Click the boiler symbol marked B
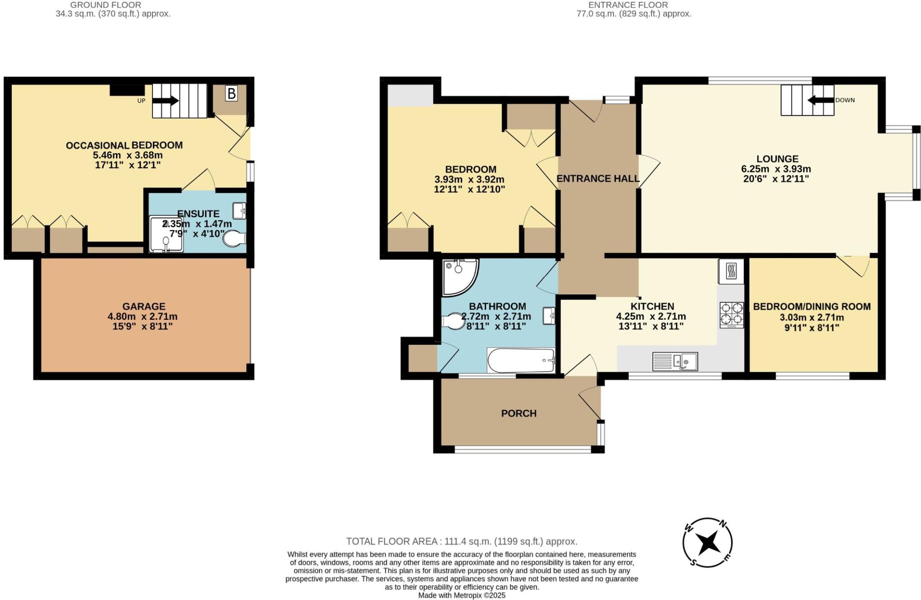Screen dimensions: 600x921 (x=231, y=94)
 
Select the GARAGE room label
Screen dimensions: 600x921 (x=144, y=306)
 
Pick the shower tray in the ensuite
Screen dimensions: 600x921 (x=166, y=234)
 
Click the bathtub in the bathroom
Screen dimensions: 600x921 (x=521, y=360)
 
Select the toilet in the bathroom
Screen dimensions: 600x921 (x=453, y=321)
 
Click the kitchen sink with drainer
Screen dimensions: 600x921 (x=675, y=361)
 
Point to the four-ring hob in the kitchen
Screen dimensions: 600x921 (x=732, y=314)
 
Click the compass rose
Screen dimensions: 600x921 (x=708, y=542)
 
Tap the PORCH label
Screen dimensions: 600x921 (x=519, y=413)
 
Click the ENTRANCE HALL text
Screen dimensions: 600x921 (x=598, y=179)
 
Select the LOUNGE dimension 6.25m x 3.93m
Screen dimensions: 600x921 (x=776, y=169)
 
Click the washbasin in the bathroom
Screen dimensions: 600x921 (x=549, y=315)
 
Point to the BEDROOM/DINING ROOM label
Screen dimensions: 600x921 (x=812, y=307)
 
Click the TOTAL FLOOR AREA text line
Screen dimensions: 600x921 (x=461, y=541)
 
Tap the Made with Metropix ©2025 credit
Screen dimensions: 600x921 (x=461, y=596)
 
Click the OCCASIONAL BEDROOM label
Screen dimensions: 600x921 (x=124, y=145)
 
